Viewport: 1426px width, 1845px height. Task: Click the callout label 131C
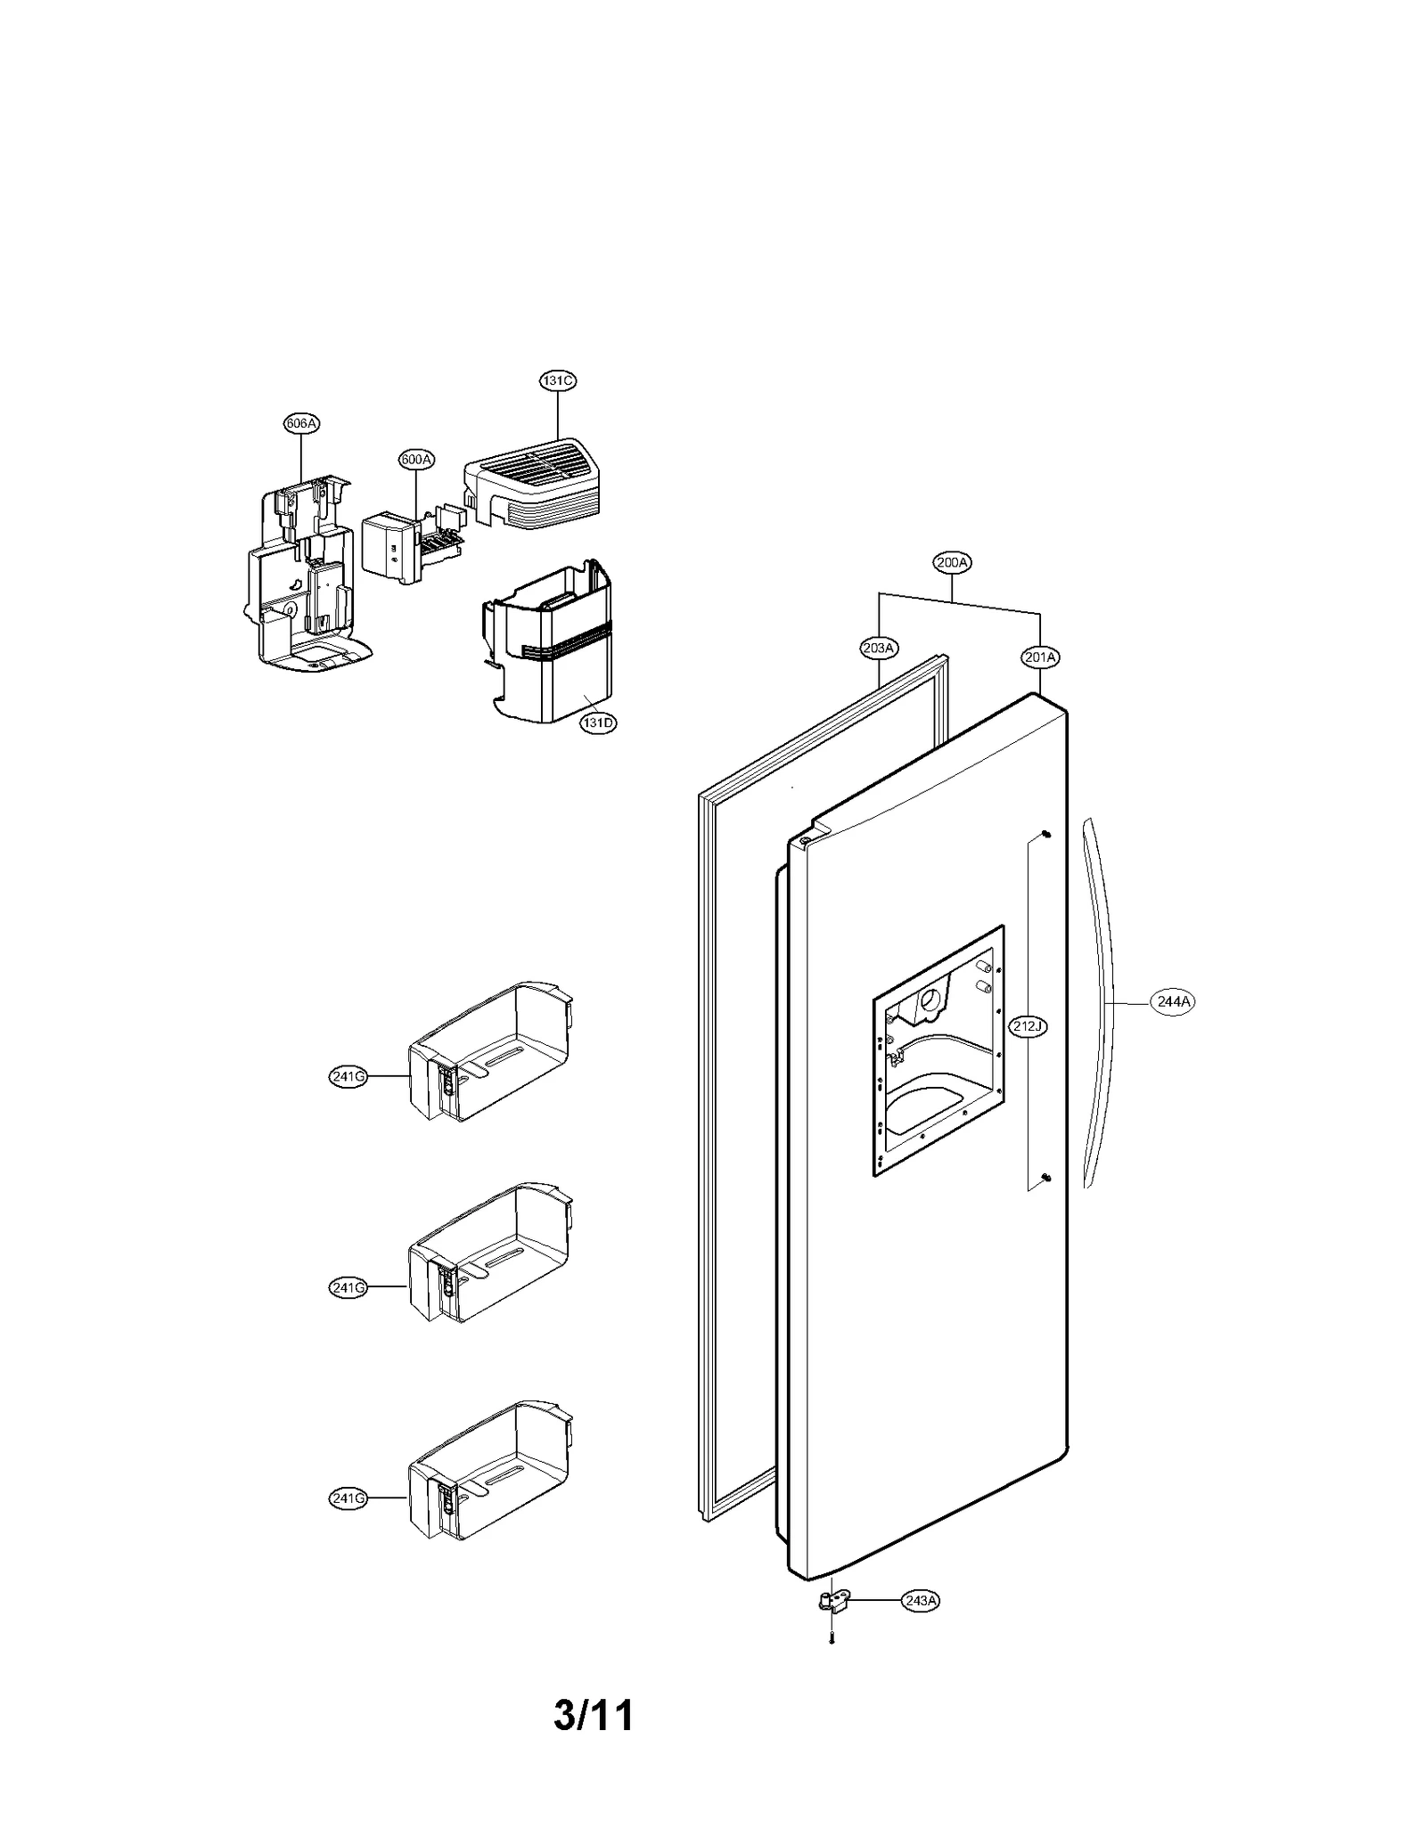pos(557,380)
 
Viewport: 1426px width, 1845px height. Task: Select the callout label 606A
pos(301,423)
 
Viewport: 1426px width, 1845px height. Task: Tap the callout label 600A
pos(416,460)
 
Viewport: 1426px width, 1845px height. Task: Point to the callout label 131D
pos(598,722)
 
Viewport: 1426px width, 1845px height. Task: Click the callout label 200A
pos(952,562)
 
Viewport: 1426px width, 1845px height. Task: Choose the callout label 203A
pos(878,648)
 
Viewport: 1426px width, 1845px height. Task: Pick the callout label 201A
pos(1040,657)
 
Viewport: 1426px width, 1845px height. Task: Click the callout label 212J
pos(1027,1026)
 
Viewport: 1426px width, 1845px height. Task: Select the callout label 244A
pos(1173,1001)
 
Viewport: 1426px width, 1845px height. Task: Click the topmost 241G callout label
pos(348,1077)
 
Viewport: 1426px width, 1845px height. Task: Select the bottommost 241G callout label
pos(348,1498)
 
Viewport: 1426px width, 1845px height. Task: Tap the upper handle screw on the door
pos(1046,834)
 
